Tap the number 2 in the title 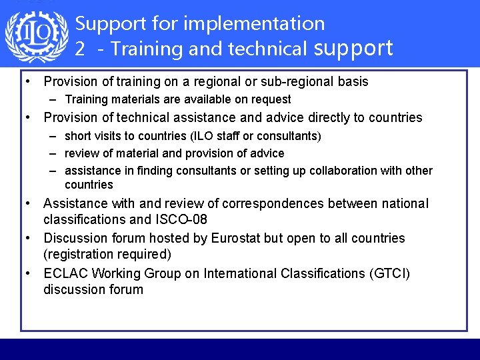coord(80,49)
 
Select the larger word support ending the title coord(353,48)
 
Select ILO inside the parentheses coord(203,136)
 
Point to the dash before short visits coord(53,136)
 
